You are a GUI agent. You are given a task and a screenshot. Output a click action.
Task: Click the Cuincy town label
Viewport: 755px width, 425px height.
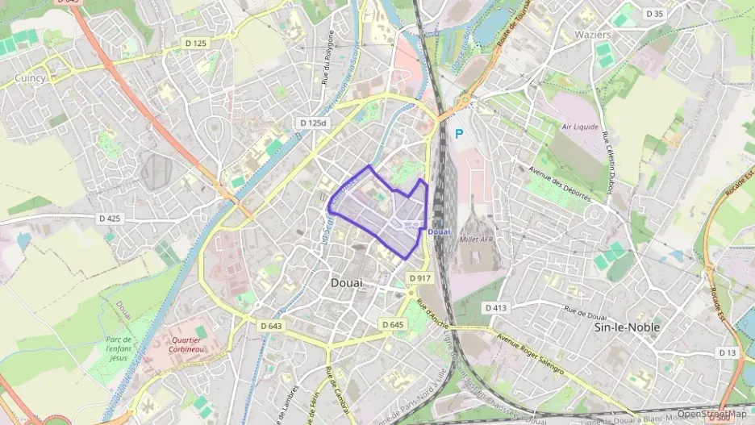click(30, 78)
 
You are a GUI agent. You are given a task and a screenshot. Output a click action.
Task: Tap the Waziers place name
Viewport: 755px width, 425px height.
click(592, 35)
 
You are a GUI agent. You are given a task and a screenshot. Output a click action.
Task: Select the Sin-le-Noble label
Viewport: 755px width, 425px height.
click(627, 327)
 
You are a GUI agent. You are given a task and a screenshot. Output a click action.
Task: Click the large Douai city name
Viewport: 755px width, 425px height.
click(347, 283)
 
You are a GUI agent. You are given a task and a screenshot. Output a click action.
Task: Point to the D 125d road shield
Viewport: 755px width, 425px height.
click(313, 123)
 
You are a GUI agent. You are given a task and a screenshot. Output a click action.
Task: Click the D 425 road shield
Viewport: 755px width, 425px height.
click(109, 218)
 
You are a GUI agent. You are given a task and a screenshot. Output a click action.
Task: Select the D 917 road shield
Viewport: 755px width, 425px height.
click(419, 278)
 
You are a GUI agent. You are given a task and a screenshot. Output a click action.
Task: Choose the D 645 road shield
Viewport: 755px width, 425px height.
click(393, 324)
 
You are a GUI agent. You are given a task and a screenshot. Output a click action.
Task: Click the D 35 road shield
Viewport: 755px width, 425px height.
click(654, 14)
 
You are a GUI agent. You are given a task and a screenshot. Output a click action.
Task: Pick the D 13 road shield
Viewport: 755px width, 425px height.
click(727, 352)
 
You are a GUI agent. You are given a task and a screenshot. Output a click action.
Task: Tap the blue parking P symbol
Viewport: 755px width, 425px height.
click(460, 135)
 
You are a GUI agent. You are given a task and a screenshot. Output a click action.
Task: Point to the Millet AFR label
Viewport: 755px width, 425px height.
click(475, 240)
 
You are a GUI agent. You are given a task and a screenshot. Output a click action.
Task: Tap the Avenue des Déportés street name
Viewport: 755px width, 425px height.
click(560, 184)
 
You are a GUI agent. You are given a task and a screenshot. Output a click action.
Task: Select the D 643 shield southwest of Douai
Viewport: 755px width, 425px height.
click(271, 325)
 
